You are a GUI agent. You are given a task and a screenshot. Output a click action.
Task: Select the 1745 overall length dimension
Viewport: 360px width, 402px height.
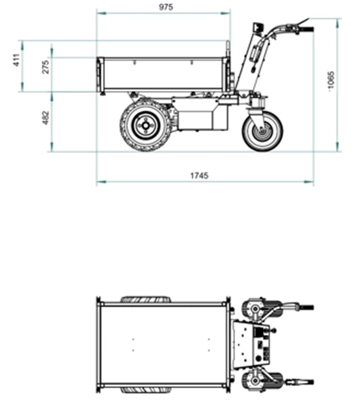[199, 176]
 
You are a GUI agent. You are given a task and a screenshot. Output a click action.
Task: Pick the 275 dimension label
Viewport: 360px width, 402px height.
[46, 67]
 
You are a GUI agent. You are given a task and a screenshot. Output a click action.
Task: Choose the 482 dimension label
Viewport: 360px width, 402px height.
[46, 118]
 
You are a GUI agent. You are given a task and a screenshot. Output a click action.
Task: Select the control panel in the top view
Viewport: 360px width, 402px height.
[252, 343]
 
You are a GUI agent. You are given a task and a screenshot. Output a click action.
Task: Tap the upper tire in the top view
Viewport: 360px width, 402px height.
[145, 300]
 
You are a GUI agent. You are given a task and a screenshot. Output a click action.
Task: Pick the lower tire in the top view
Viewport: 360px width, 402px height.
[145, 389]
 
